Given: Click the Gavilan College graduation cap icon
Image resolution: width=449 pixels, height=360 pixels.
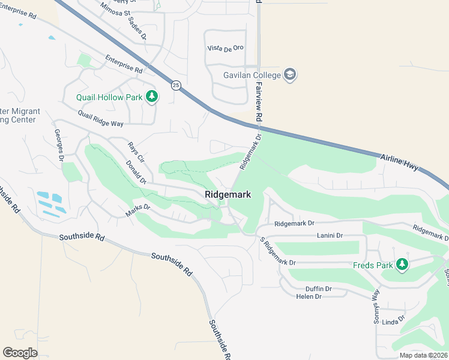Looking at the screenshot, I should [291, 74].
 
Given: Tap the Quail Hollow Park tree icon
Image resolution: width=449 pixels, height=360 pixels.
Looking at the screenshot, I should [152, 97].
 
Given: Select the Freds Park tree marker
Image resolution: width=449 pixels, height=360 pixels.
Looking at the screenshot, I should [402, 265].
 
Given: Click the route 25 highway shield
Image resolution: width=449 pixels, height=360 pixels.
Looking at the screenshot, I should [175, 85].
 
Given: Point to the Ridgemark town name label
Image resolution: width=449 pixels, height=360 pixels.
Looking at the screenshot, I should [228, 194].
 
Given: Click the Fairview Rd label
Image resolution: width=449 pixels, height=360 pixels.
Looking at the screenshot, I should [259, 101].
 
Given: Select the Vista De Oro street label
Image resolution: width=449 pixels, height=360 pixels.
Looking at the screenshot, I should [226, 48].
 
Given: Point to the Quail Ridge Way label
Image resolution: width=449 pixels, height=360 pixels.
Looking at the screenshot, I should [100, 118].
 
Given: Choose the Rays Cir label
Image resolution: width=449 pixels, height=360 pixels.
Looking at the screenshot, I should [136, 152].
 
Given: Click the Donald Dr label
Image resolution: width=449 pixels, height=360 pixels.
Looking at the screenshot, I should [136, 172].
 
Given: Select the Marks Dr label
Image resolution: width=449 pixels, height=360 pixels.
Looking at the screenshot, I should [137, 211].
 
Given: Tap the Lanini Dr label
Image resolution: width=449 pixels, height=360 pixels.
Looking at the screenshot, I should [329, 236].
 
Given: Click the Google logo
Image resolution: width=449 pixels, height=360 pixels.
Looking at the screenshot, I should [20, 353].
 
